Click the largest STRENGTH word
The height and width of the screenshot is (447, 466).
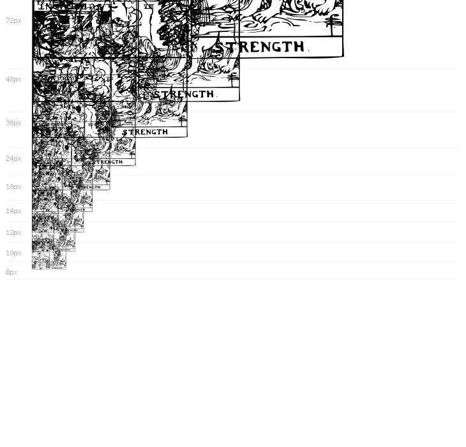260,47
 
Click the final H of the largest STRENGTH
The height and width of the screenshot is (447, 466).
297,47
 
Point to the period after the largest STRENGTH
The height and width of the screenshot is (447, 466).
309,50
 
